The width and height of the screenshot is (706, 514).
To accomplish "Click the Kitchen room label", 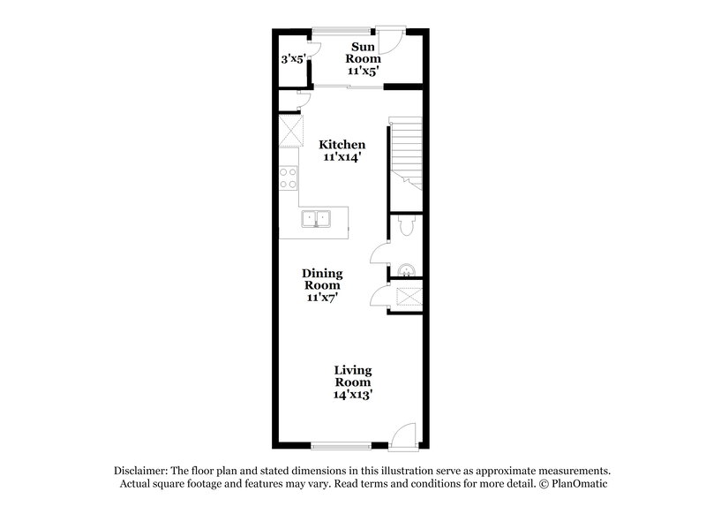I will pos(342,144).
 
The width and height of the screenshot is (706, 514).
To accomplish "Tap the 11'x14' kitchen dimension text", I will pos(342,157).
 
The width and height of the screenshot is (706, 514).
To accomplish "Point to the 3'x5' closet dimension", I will pos(292,60).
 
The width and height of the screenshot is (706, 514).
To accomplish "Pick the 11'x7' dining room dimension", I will pos(323,298).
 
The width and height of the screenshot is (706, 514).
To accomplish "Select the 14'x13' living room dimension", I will pos(352,396).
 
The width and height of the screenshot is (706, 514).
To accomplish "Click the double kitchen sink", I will pos(315,219).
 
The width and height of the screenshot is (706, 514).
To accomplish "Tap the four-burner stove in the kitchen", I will pos(289,178).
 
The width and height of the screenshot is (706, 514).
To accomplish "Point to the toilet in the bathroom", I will pos(405,227).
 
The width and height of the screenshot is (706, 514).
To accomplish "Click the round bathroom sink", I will pos(406,268).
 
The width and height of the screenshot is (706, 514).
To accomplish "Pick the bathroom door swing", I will pos(378,255).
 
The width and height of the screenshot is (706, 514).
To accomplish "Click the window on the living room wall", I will pos(340,443).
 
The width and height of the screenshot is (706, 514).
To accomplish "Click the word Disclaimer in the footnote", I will pos(142,471).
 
